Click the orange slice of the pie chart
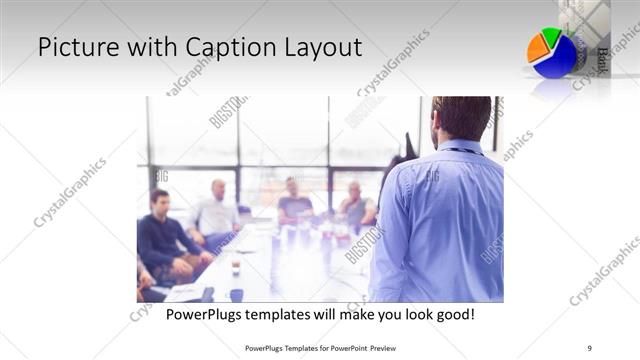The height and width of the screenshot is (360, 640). tap(538, 46)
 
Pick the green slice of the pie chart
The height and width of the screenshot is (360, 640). tap(552, 36)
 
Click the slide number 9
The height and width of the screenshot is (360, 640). tap(588, 348)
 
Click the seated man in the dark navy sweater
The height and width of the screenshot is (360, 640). tap(162, 235)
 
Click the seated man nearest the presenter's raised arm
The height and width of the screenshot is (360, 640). tap(356, 205)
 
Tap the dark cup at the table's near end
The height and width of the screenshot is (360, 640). tap(236, 294)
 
